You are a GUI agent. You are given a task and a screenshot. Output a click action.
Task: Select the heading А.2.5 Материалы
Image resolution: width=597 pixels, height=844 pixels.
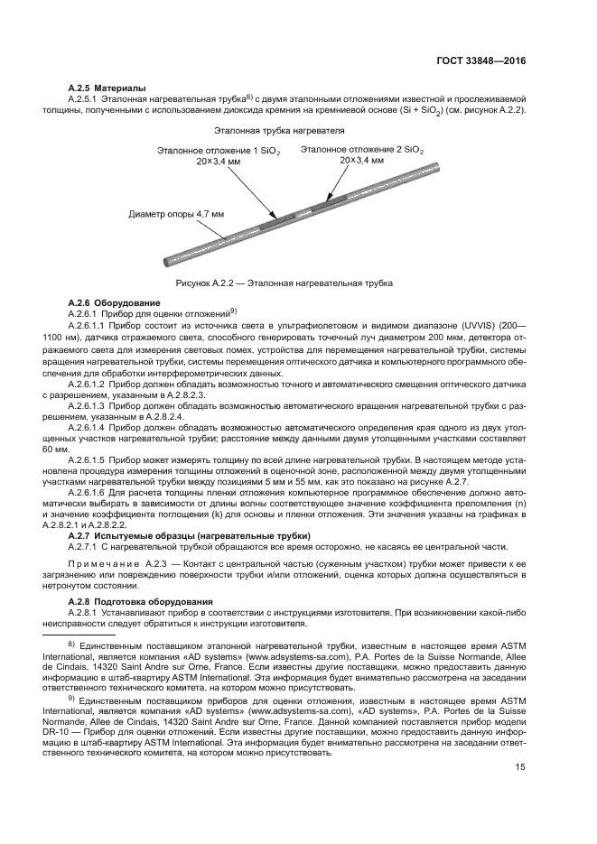(x=107, y=88)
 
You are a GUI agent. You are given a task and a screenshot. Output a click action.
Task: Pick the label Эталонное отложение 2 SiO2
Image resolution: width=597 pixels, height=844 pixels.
(x=361, y=148)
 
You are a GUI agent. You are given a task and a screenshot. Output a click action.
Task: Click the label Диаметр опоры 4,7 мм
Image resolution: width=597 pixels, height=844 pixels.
(x=176, y=215)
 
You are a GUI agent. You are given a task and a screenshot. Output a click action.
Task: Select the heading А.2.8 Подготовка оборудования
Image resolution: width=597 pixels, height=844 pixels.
(x=141, y=601)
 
